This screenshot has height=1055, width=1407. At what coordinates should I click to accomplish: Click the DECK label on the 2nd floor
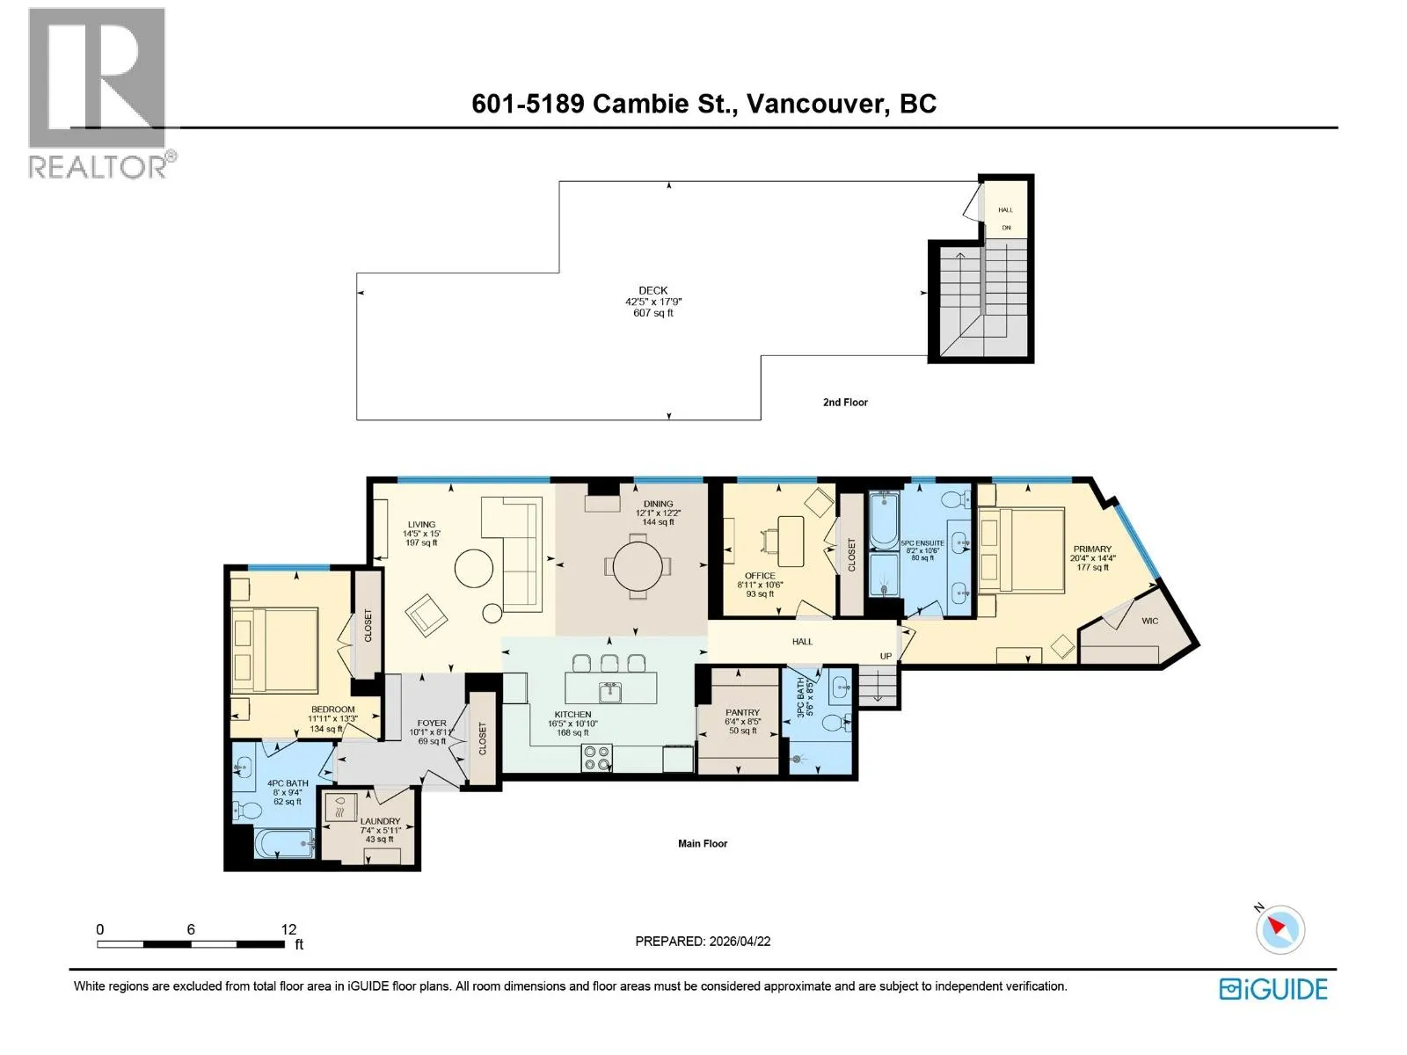[652, 290]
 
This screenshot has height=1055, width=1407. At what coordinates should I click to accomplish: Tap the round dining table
[638, 566]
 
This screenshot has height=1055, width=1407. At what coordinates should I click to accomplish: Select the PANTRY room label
[742, 712]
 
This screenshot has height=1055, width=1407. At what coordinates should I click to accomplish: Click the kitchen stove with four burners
[596, 758]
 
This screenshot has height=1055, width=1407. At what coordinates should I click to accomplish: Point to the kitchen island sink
[609, 693]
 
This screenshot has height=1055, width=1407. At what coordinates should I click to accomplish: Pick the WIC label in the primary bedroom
[1149, 621]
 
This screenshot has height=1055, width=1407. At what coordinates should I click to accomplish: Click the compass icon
[1279, 929]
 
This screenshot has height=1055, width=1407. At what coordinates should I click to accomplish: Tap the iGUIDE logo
[1273, 989]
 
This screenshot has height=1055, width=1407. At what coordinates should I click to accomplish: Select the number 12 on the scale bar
[288, 928]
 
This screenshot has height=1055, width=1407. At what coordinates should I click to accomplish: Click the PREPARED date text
[703, 941]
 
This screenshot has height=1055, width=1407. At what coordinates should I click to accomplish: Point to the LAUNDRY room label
[380, 821]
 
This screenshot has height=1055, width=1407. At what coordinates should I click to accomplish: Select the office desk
[790, 542]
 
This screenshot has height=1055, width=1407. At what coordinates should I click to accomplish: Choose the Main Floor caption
[703, 844]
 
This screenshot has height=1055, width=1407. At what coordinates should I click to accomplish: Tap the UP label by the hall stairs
[886, 656]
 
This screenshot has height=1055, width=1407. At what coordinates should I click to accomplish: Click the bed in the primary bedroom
[1022, 549]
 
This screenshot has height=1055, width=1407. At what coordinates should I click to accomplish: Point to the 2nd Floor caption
[845, 403]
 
